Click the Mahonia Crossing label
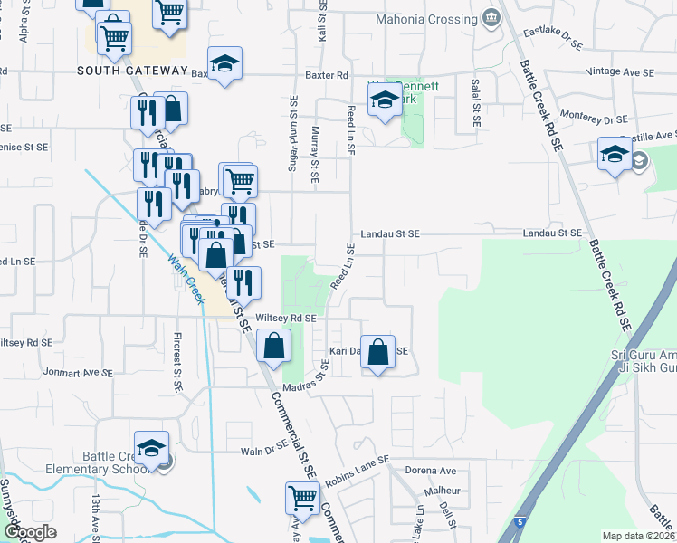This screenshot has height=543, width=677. pyautogui.click(x=426, y=18)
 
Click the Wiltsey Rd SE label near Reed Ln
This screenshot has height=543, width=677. pyautogui.click(x=286, y=319)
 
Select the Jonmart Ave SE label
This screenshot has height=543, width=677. pyautogui.click(x=78, y=372)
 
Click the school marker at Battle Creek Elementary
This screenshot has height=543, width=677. pyautogui.click(x=151, y=448)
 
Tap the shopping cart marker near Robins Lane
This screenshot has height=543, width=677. pyautogui.click(x=302, y=497)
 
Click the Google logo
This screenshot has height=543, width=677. pyautogui.click(x=29, y=532)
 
